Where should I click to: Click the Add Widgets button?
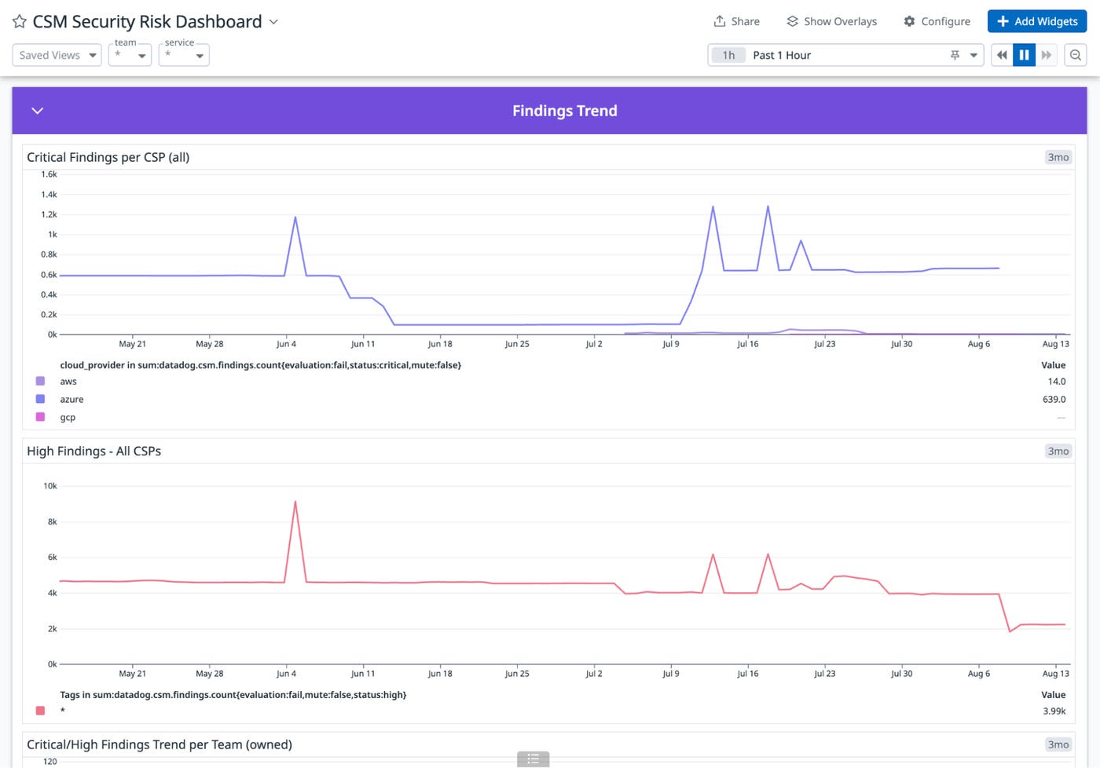click(x=1037, y=21)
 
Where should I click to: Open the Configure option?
click(x=937, y=21)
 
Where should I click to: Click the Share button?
click(x=736, y=21)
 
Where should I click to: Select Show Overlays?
click(x=831, y=21)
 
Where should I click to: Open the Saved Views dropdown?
click(x=57, y=55)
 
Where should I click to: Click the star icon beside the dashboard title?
click(x=20, y=22)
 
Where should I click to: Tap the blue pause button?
click(x=1024, y=55)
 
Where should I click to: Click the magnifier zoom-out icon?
click(x=1076, y=55)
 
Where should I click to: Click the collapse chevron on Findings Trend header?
click(x=37, y=111)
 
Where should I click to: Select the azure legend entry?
click(x=71, y=399)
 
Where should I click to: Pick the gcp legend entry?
click(x=68, y=417)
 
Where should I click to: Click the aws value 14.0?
click(x=1056, y=382)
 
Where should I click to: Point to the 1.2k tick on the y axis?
click(x=49, y=214)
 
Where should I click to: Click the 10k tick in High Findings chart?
click(x=49, y=486)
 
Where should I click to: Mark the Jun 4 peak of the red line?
click(x=295, y=502)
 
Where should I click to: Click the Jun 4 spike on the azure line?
click(x=295, y=218)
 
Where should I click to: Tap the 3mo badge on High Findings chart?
click(x=1058, y=451)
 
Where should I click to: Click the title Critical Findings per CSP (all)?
click(x=108, y=157)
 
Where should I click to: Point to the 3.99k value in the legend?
click(x=1054, y=711)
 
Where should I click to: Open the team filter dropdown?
click(x=130, y=55)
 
